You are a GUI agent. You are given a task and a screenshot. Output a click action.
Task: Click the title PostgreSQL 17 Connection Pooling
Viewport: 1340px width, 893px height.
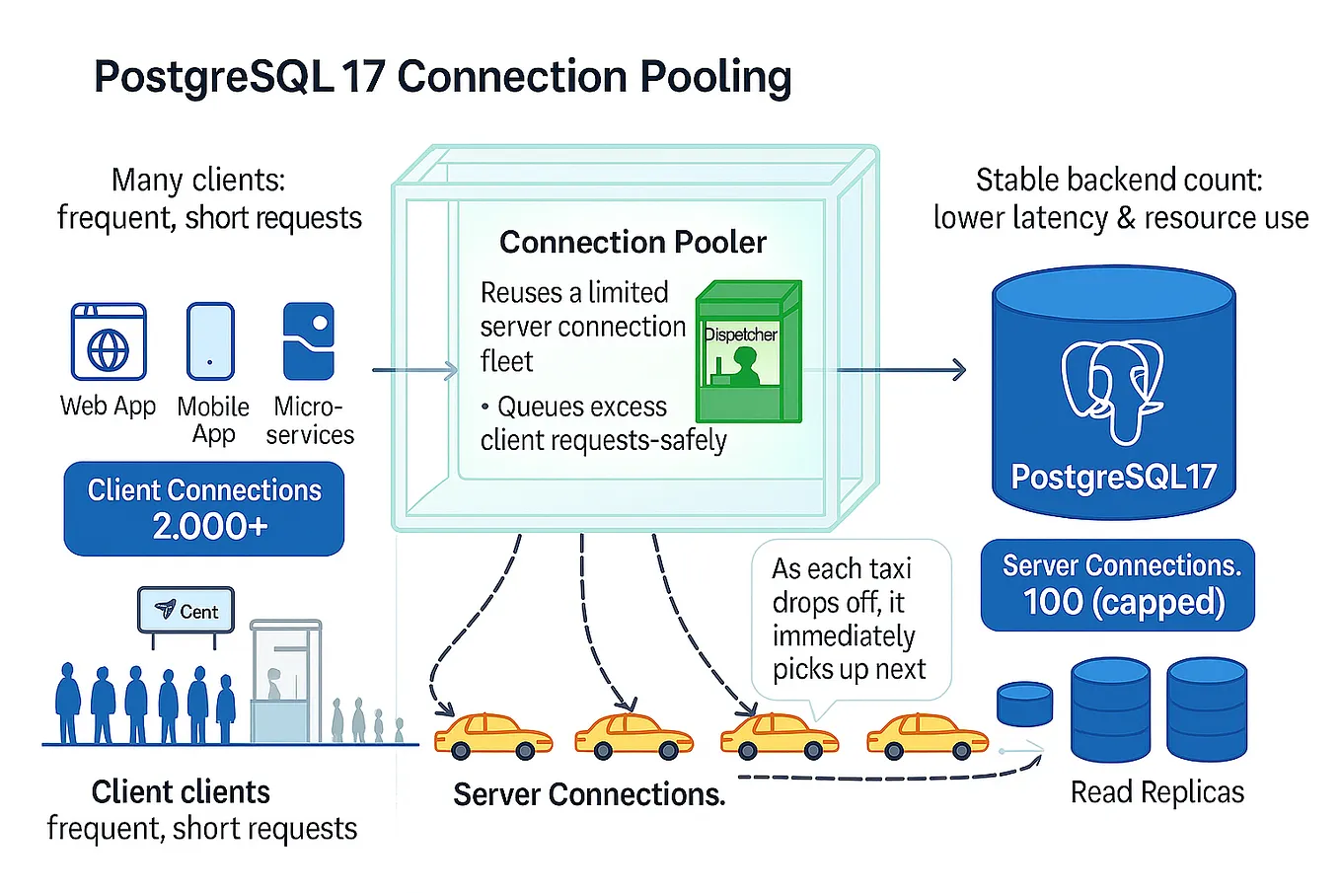click(442, 77)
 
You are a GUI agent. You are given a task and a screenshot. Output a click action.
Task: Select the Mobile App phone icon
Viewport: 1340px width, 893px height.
click(210, 341)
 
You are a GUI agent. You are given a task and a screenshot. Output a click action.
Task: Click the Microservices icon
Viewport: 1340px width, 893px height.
click(308, 341)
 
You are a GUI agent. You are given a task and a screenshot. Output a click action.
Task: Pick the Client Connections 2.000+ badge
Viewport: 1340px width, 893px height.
click(204, 508)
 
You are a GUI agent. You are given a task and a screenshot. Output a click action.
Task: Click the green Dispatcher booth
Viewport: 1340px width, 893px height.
click(748, 352)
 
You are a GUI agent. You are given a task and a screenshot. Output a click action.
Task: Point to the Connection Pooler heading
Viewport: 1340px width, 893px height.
click(633, 242)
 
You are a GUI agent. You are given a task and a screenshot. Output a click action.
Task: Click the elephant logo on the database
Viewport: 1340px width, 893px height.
click(1112, 391)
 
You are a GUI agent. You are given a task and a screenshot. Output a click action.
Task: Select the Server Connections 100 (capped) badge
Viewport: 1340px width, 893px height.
click(1118, 584)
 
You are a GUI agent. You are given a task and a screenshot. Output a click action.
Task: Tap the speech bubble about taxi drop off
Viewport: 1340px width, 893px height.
click(850, 619)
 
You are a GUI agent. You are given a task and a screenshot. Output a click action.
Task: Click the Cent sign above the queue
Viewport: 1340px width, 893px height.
click(186, 611)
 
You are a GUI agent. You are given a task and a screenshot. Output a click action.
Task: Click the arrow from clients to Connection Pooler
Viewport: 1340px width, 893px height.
click(414, 370)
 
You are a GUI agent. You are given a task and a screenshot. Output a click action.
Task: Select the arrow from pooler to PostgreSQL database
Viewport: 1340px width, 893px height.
click(901, 370)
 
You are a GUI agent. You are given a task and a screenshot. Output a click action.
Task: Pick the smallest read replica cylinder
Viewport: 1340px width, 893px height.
click(1024, 704)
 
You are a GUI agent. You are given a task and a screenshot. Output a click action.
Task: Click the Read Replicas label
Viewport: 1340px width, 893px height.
click(1156, 792)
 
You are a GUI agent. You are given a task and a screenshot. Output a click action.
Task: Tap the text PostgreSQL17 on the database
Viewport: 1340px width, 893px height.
click(1113, 477)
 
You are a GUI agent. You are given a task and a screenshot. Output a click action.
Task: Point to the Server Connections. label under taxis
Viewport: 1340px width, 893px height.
click(589, 794)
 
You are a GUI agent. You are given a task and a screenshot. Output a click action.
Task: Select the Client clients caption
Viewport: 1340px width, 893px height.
click(181, 791)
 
